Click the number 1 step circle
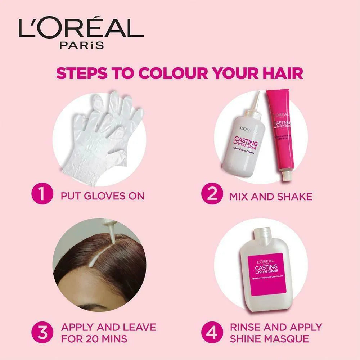[x=42, y=196]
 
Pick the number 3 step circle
[x=42, y=333]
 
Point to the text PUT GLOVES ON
[x=103, y=196]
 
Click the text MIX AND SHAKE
[x=271, y=196]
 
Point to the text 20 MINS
[x=107, y=339]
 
